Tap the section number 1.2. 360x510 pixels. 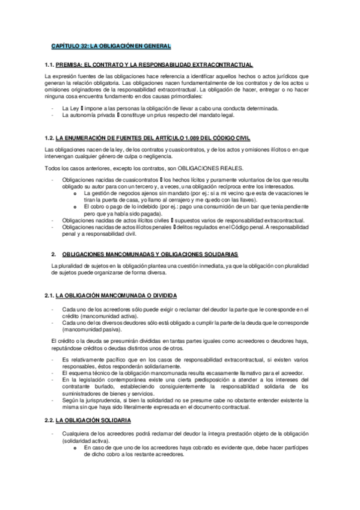pyautogui.click(x=50, y=138)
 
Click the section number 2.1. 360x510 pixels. pyautogui.click(x=50, y=295)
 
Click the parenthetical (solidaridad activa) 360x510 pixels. pyautogui.click(x=88, y=440)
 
